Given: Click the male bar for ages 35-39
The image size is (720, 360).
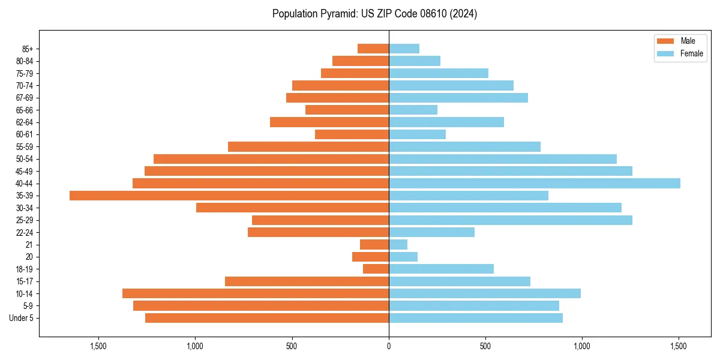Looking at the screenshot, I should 229,196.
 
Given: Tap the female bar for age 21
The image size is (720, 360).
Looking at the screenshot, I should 398,244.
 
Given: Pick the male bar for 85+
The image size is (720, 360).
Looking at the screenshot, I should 373,49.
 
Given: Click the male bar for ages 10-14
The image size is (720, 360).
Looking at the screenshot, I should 256,293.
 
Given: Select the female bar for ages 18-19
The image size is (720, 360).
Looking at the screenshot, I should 441,269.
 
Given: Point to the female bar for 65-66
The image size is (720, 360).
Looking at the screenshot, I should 413,110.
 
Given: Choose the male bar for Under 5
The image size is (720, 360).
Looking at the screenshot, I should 267,318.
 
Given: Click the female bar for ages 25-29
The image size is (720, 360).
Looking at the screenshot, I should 510,220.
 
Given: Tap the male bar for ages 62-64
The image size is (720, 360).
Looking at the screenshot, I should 329,122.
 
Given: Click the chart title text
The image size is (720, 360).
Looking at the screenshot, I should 374,14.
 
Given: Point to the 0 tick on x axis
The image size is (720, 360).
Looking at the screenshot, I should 389,346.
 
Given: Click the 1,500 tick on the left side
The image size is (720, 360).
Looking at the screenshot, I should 98,346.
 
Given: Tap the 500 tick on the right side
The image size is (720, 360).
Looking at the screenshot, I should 485,346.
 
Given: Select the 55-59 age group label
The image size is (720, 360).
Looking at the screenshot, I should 25,146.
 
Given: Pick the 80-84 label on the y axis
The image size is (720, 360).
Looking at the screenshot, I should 25,61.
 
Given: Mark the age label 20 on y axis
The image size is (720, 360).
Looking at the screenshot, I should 29,257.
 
